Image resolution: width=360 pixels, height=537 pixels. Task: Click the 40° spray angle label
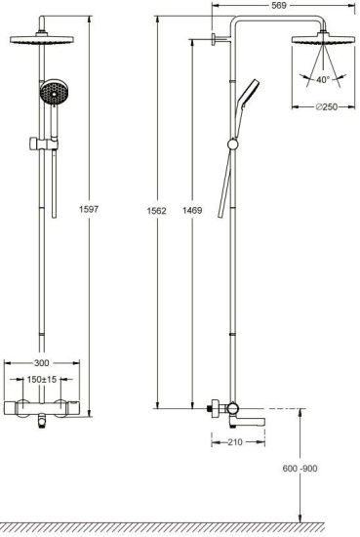coord(323,80)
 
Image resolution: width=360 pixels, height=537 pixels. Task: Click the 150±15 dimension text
coord(41,380)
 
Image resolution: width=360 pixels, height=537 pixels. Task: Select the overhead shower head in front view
coord(42,42)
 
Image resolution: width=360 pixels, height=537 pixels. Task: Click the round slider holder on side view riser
coord(231,145)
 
